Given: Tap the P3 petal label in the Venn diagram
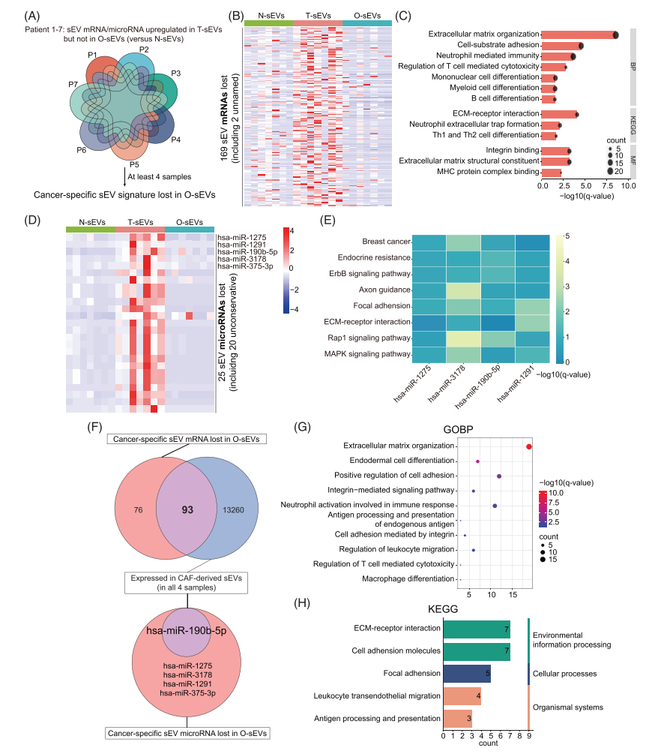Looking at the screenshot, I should pyautogui.click(x=175, y=73).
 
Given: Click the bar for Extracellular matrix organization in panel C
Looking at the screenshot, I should pyautogui.click(x=578, y=35).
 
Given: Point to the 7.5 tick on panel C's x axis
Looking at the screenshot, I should pyautogui.click(x=606, y=185).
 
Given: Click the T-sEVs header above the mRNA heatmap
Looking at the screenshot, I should pyautogui.click(x=317, y=16).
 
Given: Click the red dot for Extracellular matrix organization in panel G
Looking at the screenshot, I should pyautogui.click(x=529, y=447).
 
